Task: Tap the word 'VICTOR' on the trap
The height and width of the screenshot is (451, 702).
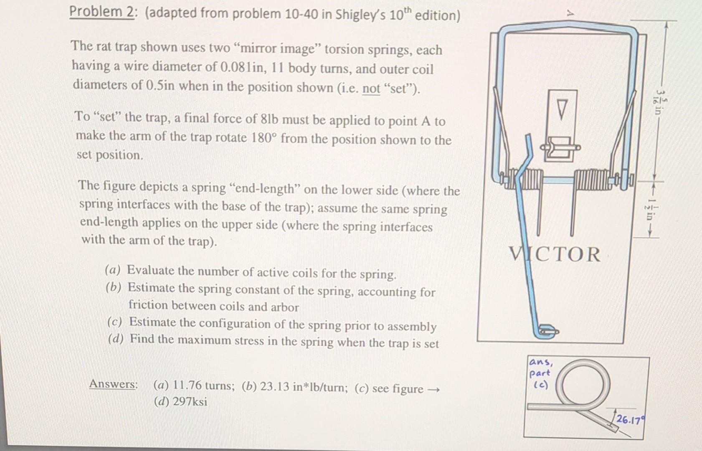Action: [x=555, y=254]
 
